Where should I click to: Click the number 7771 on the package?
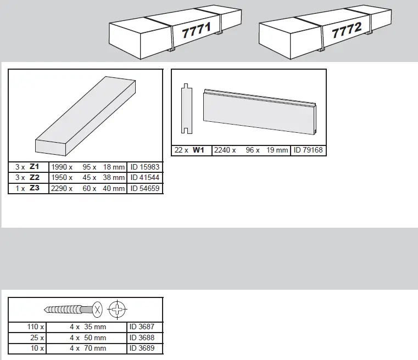point(196,30)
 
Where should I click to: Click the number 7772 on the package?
point(346,31)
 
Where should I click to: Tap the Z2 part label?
point(35,178)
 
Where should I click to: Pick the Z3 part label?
point(35,188)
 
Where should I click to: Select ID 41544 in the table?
point(145,178)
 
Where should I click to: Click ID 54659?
point(145,188)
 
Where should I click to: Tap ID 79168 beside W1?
point(309,150)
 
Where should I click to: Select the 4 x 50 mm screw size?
point(87,338)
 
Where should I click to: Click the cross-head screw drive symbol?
point(117,309)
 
